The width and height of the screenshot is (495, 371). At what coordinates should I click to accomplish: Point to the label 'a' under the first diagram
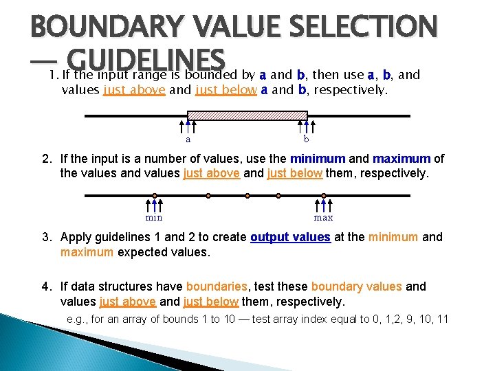click(188, 139)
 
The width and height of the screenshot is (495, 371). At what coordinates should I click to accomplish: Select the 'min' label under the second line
click(154, 218)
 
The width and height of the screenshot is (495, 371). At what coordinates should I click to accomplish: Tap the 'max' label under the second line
click(323, 218)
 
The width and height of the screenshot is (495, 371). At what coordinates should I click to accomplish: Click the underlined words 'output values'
click(290, 237)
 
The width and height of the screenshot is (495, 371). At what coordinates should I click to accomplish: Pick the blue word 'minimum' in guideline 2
click(317, 159)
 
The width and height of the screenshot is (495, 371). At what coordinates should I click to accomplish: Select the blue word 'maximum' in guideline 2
click(401, 159)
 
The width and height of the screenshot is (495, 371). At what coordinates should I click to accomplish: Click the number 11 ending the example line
click(441, 319)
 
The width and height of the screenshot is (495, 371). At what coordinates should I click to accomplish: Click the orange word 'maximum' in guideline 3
click(87, 252)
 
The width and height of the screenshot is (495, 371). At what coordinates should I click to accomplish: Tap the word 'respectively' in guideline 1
click(349, 90)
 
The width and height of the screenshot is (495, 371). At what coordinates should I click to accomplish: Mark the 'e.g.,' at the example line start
click(79, 319)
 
